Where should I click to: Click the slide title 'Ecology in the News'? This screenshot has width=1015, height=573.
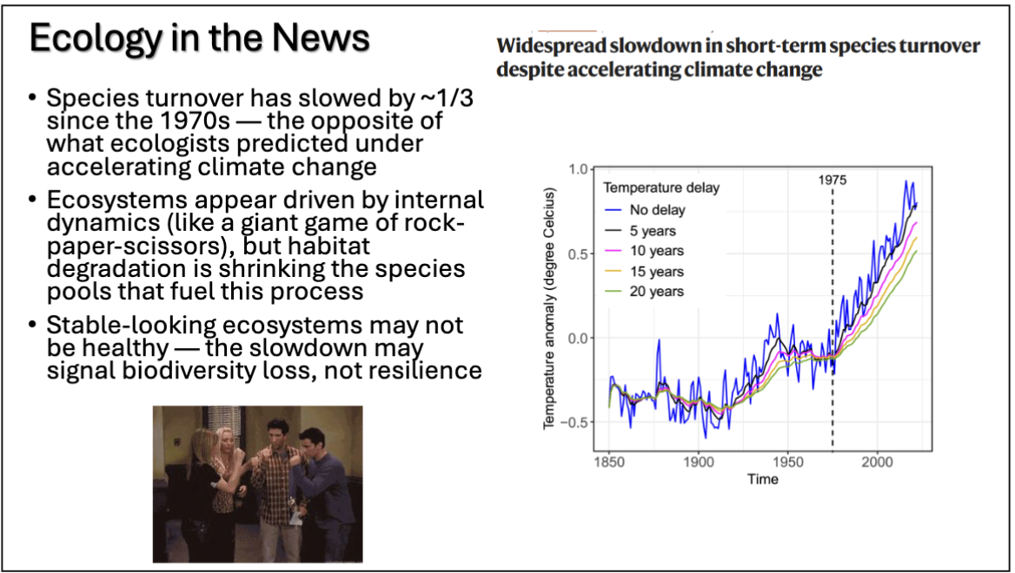(x=199, y=40)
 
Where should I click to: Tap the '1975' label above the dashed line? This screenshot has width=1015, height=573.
(x=832, y=181)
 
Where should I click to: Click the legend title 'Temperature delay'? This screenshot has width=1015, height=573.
(x=661, y=188)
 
